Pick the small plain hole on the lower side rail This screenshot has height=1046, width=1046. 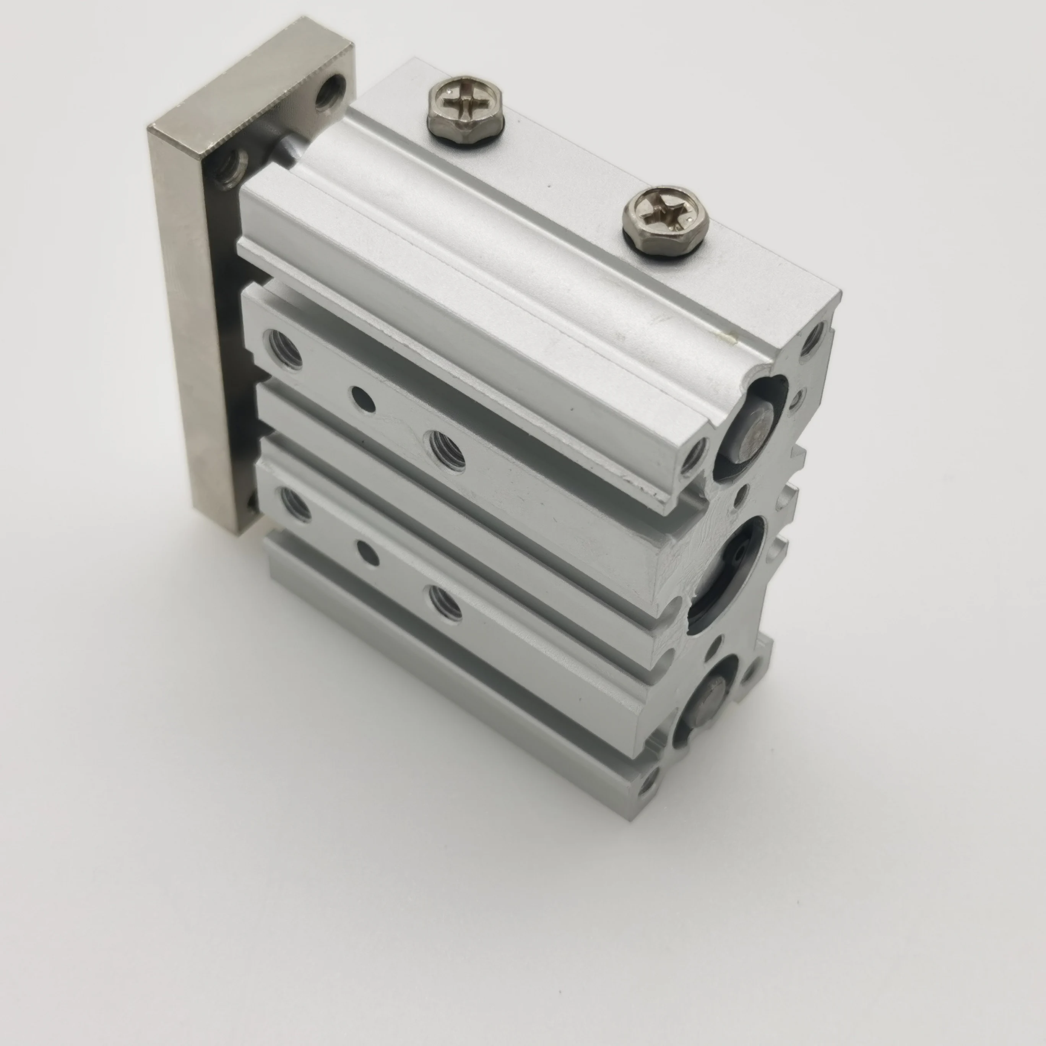coord(369,552)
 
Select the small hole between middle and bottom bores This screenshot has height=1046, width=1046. coord(717,644)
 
